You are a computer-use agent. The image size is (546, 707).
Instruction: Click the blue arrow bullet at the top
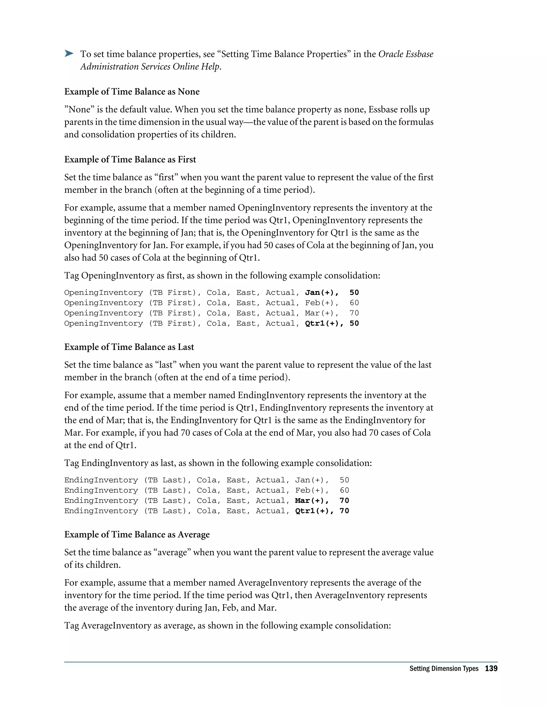(69, 54)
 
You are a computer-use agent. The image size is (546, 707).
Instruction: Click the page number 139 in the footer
(491, 669)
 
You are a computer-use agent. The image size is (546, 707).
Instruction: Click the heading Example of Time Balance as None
(132, 92)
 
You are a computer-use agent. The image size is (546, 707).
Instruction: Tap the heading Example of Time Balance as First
(130, 160)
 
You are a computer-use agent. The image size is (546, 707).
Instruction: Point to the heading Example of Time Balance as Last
(129, 347)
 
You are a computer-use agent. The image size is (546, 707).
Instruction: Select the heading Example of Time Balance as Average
(137, 534)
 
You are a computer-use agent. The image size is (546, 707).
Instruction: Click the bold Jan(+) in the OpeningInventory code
(321, 293)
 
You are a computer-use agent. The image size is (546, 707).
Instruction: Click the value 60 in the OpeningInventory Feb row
(354, 303)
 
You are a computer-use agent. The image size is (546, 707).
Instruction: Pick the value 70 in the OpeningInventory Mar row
(354, 313)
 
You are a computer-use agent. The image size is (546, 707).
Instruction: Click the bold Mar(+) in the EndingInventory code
(311, 501)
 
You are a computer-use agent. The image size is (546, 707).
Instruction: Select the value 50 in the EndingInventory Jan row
(344, 480)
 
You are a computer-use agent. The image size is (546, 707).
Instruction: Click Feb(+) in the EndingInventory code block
(311, 490)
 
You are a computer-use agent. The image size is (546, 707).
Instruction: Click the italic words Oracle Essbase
(406, 54)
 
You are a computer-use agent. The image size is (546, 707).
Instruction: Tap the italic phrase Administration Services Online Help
(150, 67)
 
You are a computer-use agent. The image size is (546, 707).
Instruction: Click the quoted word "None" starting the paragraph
(79, 109)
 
